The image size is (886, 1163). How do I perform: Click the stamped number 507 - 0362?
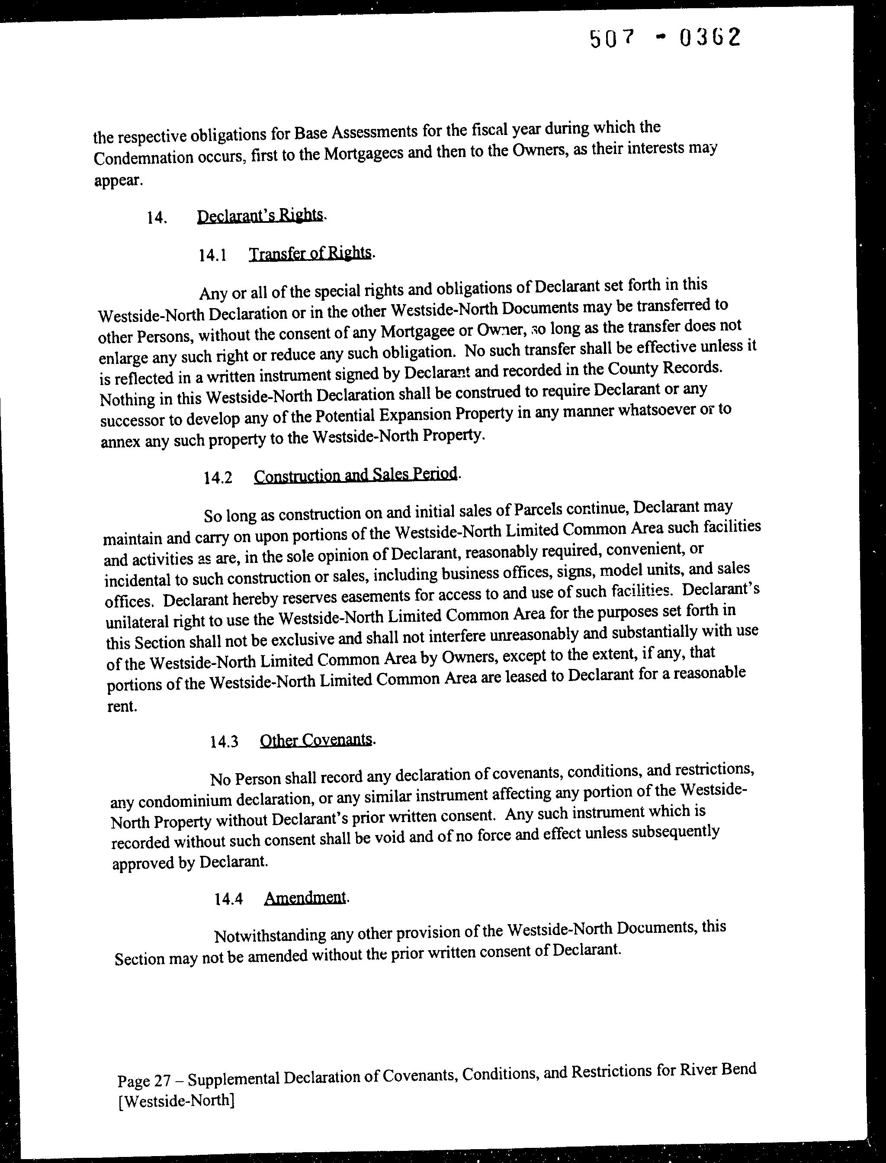pos(665,39)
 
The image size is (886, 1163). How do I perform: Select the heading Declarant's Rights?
pos(260,216)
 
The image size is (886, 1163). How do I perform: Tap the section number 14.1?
pos(212,255)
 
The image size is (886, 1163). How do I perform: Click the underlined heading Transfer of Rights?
pos(310,253)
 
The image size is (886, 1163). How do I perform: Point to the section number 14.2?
pos(218,478)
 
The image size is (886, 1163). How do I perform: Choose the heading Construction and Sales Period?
pos(356,474)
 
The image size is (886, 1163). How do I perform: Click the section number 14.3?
pos(224,742)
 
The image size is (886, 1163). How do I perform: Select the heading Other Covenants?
pos(316,740)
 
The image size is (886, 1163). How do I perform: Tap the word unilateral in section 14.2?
pos(137,622)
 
